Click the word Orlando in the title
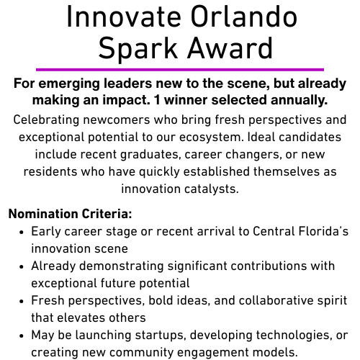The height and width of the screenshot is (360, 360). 244,17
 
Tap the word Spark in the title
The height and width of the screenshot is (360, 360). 138,50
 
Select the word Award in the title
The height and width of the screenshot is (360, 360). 230,48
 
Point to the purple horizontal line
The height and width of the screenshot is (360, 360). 180,70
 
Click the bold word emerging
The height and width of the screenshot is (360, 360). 69,84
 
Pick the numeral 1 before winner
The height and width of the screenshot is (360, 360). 157,100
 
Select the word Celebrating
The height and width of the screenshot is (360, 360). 46,120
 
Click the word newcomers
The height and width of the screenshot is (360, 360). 117,120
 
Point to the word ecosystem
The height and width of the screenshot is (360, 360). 211,138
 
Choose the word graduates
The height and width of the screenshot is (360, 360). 150,155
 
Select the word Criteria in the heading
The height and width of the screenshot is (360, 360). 107,214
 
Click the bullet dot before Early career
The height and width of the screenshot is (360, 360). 22,233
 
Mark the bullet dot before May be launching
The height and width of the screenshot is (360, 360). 22,336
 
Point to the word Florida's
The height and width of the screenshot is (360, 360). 323,231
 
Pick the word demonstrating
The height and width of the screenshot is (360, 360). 122,266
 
